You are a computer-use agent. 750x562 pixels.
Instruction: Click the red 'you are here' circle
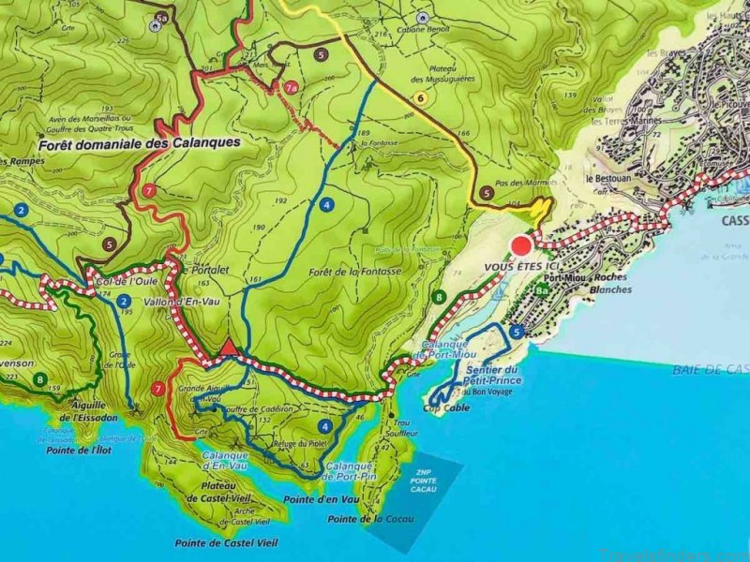pyautogui.click(x=520, y=246)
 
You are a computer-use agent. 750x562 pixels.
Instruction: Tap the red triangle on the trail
pyautogui.click(x=228, y=348)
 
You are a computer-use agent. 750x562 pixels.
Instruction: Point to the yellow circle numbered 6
pyautogui.click(x=421, y=98)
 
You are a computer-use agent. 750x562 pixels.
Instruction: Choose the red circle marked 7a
pyautogui.click(x=291, y=88)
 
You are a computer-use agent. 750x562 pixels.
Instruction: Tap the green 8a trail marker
pyautogui.click(x=541, y=291)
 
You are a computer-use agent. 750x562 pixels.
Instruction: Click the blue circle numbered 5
pyautogui.click(x=517, y=331)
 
